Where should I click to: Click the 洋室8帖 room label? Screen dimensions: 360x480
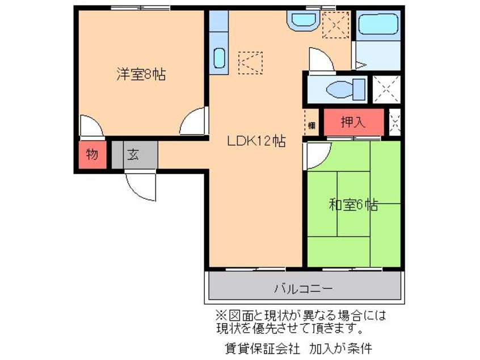tap(141, 74)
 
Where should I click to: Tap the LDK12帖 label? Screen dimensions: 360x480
tap(256, 141)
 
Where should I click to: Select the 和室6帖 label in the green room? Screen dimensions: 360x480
tap(353, 204)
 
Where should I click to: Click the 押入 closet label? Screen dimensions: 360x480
tap(353, 122)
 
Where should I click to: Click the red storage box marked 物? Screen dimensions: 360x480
tap(91, 154)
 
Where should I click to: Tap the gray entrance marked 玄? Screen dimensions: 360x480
tap(133, 154)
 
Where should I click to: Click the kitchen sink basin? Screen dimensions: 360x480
tap(219, 58)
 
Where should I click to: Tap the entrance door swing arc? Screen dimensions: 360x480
tap(140, 186)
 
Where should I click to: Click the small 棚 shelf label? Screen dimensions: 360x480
tap(311, 125)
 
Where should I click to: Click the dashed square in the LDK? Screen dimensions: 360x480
tap(250, 63)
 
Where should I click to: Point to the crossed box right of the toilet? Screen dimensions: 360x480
tap(386, 90)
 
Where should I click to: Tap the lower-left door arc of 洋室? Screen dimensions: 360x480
tap(91, 126)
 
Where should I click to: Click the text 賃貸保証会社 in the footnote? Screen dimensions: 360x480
tap(259, 346)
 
